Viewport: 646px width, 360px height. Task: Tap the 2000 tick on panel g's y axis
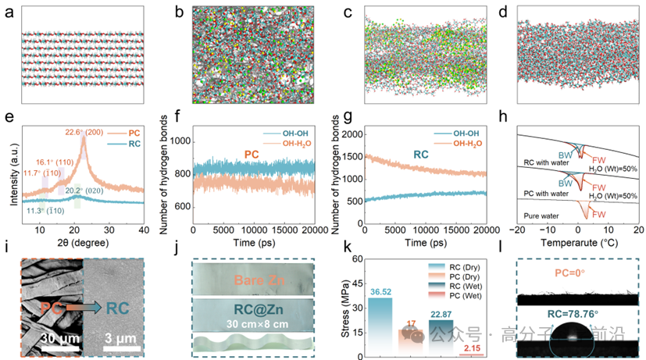[349, 135]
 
